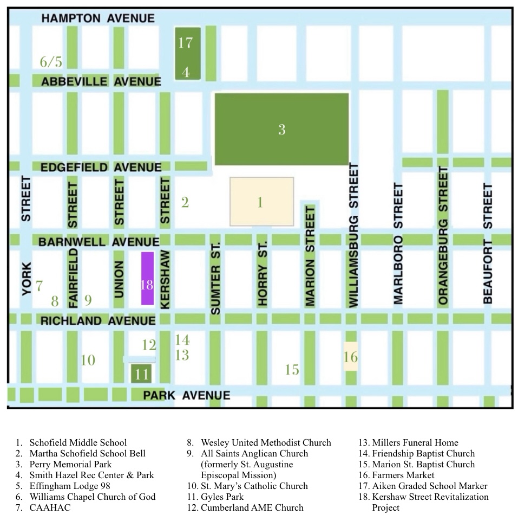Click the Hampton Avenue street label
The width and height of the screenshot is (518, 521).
click(x=98, y=18)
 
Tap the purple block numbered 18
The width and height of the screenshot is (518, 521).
click(x=147, y=278)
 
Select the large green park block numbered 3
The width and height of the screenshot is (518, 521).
click(x=281, y=129)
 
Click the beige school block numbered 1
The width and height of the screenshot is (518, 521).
click(x=261, y=202)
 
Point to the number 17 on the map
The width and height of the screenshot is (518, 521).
click(x=185, y=42)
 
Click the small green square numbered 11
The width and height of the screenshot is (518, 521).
click(x=142, y=374)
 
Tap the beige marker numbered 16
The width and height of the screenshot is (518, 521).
click(x=351, y=357)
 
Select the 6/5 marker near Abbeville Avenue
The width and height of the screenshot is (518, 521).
click(x=51, y=62)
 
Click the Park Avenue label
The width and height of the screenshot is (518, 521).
click(x=186, y=395)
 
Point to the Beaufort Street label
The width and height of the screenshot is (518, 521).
click(x=488, y=243)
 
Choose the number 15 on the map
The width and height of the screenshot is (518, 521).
click(x=292, y=370)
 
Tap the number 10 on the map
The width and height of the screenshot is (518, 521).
click(x=88, y=359)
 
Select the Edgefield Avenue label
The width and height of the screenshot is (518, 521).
click(x=101, y=168)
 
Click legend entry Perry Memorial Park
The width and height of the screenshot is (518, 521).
click(x=70, y=464)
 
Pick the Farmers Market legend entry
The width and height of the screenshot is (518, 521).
click(x=403, y=475)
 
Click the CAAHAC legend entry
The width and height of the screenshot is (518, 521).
click(x=50, y=507)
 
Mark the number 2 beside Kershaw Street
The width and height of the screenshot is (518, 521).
click(x=185, y=203)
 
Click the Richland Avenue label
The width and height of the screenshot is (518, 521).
click(x=98, y=321)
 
